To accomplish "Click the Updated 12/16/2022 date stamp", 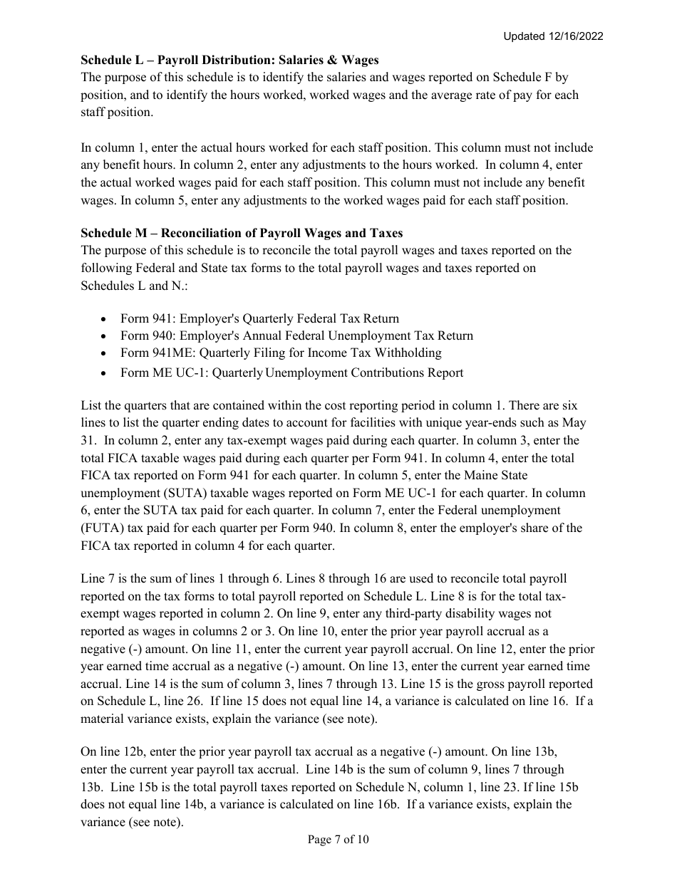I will (553, 36).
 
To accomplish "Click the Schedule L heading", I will (229, 60).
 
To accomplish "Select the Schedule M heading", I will (242, 233).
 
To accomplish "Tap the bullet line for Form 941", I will (259, 318).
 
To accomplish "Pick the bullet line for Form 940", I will (296, 335).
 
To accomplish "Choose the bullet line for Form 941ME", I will (281, 353).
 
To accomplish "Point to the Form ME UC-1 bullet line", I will (291, 372).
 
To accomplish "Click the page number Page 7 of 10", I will (338, 840).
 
